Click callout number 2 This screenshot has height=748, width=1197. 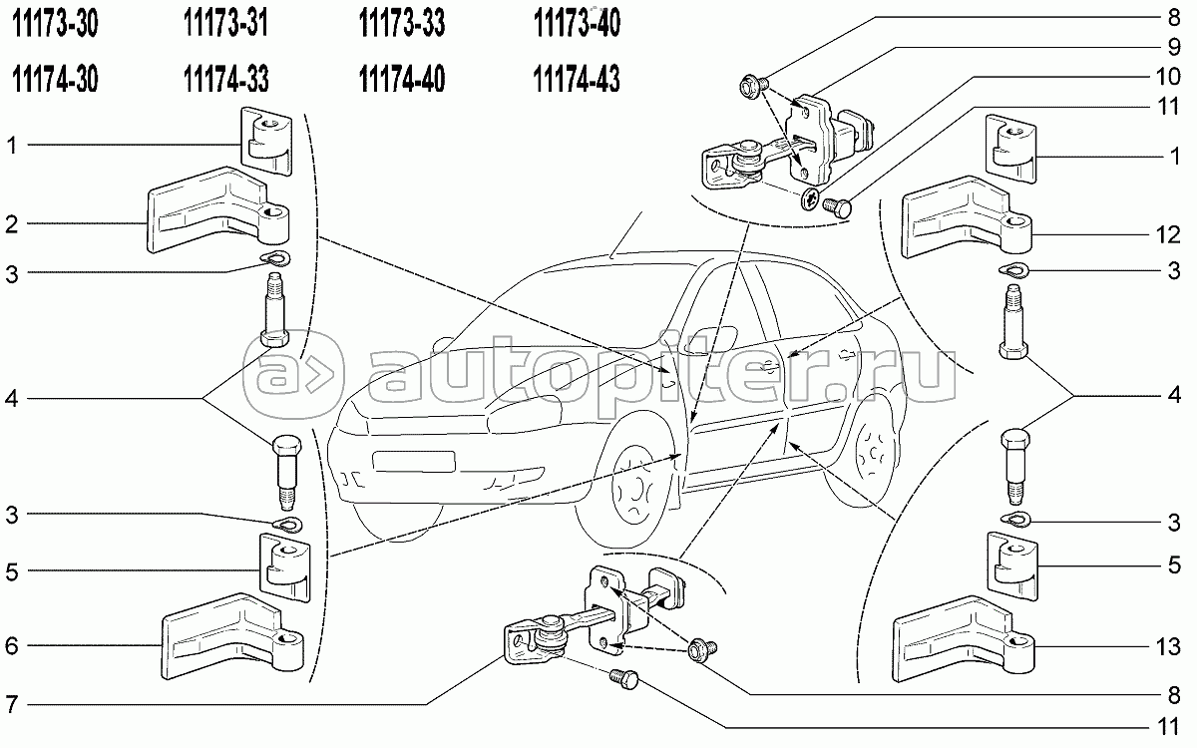point(12,224)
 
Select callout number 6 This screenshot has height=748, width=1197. point(12,646)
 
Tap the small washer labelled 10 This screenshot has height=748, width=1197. point(811,198)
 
